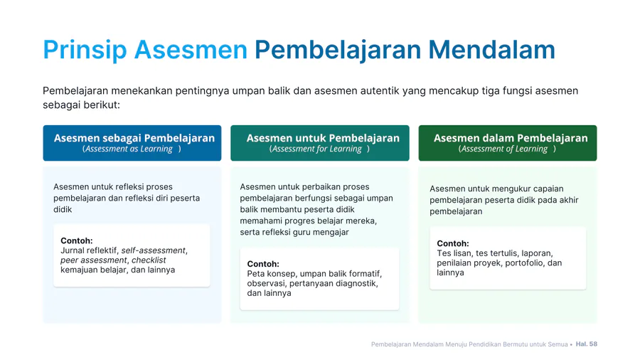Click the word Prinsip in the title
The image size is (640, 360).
[85, 50]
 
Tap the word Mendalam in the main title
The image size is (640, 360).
[491, 50]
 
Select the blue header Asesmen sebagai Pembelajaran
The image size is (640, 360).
[132, 143]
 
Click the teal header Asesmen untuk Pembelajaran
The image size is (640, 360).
[320, 143]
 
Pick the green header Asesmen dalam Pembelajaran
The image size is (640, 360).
[508, 143]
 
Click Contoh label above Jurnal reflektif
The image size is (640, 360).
[77, 240]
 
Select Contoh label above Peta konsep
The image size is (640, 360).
[263, 264]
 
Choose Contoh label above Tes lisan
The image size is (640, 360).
[453, 243]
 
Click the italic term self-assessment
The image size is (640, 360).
[154, 250]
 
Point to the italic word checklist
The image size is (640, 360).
[149, 260]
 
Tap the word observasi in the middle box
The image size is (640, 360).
[266, 284]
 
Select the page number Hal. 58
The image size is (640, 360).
[587, 344]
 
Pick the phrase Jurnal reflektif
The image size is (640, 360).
[89, 250]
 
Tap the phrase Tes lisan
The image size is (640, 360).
[454, 253]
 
